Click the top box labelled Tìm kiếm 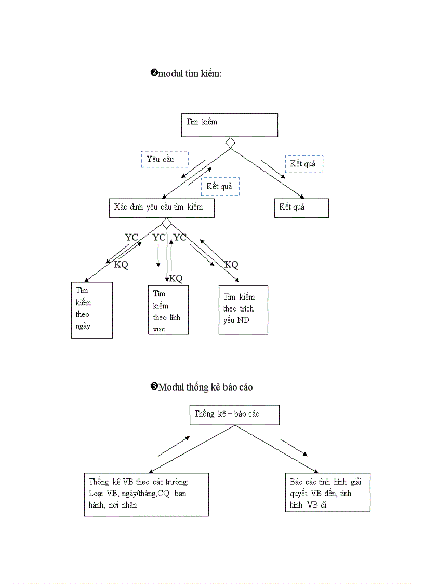click(x=229, y=125)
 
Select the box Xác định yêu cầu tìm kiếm click(x=162, y=207)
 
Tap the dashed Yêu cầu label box click(x=164, y=159)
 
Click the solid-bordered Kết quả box click(x=301, y=207)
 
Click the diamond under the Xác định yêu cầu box click(x=167, y=223)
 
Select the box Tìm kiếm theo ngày click(x=92, y=310)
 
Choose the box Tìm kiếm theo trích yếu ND click(x=243, y=309)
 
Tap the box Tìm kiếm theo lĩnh click(x=168, y=309)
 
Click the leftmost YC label click(x=131, y=238)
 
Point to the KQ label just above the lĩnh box click(x=176, y=278)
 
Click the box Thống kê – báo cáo click(x=234, y=415)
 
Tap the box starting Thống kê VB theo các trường click(x=146, y=494)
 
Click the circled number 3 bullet click(x=154, y=387)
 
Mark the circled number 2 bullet click(x=154, y=73)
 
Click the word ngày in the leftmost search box click(x=83, y=327)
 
